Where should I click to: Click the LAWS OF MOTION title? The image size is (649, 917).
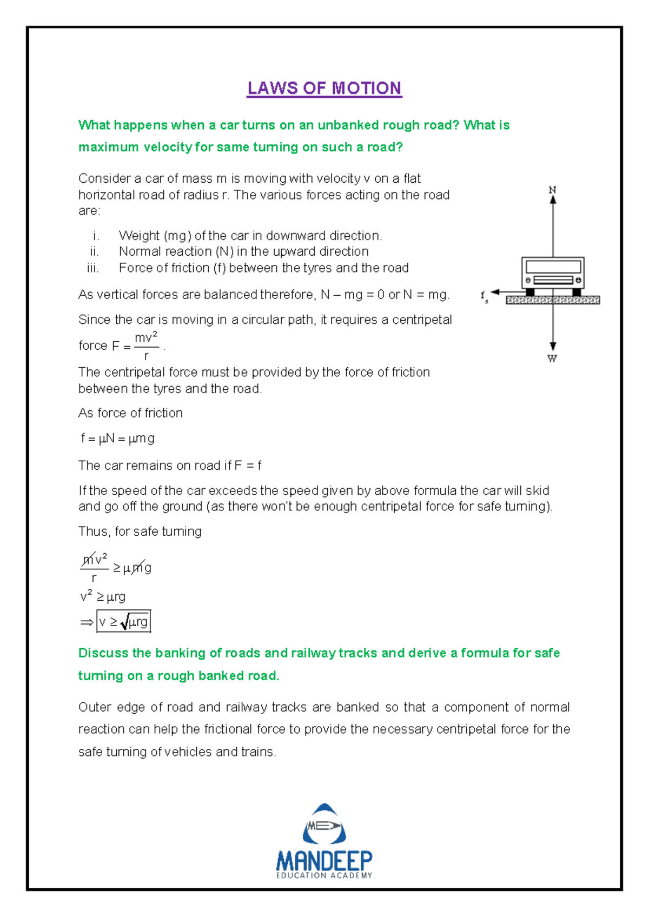click(x=324, y=88)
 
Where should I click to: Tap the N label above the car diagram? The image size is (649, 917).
click(x=552, y=190)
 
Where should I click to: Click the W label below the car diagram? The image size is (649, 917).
click(x=552, y=358)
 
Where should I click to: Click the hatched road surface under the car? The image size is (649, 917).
click(x=553, y=300)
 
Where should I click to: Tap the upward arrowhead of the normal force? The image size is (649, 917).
click(x=553, y=200)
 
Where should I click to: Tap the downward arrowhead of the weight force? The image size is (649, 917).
click(x=553, y=347)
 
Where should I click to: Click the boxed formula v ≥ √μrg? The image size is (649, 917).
click(x=123, y=622)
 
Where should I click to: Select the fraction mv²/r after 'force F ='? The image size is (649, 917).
click(x=146, y=346)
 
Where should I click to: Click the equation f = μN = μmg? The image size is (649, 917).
click(x=118, y=438)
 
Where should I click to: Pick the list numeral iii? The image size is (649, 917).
click(x=92, y=268)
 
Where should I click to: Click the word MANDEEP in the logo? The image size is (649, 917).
click(x=324, y=860)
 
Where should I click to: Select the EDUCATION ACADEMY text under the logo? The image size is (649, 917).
click(x=324, y=875)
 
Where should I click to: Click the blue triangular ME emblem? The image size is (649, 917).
click(x=324, y=825)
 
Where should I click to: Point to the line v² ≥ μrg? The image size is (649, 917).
click(x=103, y=597)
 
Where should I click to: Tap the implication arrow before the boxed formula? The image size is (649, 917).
click(x=87, y=623)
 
